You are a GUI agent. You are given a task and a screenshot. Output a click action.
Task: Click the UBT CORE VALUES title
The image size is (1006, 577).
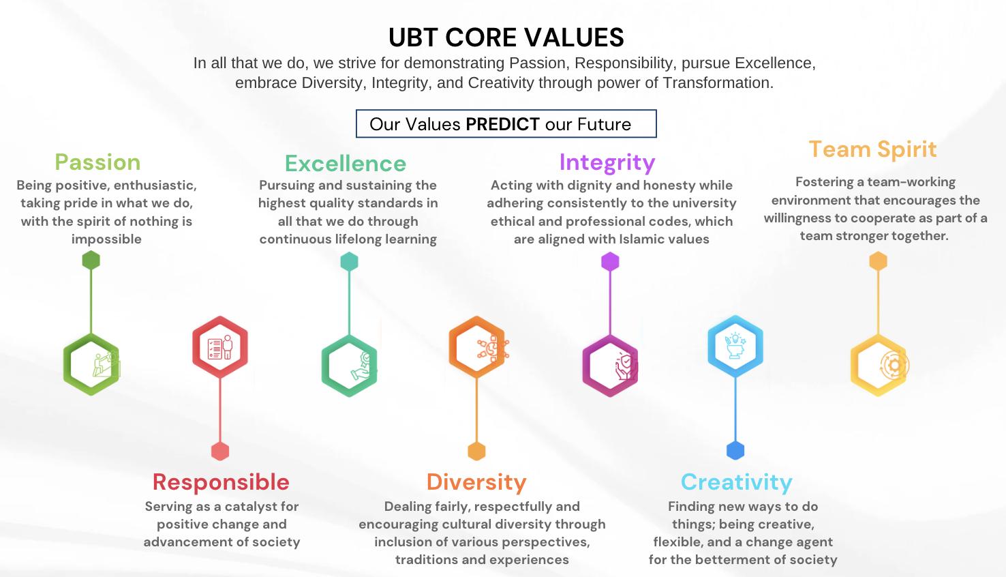[506, 38]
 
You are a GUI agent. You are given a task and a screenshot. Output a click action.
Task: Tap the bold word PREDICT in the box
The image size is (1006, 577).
[502, 124]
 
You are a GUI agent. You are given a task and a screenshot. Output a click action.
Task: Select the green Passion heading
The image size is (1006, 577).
[97, 162]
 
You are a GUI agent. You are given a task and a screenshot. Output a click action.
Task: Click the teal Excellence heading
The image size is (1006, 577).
[346, 163]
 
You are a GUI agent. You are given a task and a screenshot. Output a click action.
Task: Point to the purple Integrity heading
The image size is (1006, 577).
[607, 163]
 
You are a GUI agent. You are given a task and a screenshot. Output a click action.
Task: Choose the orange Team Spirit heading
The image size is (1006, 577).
[872, 149]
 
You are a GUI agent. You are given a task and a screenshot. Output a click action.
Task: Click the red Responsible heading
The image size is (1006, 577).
[221, 482]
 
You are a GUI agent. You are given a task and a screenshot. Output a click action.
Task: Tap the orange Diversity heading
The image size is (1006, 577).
[476, 483]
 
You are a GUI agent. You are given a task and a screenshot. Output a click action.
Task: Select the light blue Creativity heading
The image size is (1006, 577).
[737, 483]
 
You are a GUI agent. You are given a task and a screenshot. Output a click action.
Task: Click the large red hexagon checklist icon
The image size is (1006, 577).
[220, 347]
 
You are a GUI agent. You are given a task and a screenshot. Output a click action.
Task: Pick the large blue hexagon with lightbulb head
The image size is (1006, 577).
[735, 346]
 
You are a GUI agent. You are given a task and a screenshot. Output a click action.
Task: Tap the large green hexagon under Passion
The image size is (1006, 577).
[91, 364]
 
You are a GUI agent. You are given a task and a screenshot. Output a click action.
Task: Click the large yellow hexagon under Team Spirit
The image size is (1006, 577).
[879, 365]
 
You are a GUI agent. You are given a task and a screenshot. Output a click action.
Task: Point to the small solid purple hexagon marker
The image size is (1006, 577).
[610, 261]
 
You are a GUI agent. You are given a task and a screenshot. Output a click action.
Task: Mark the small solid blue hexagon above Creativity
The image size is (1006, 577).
[735, 450]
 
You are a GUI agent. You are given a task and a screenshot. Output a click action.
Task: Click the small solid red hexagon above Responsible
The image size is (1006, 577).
[220, 452]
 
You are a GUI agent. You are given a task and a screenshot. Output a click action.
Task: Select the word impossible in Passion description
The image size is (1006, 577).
[106, 239]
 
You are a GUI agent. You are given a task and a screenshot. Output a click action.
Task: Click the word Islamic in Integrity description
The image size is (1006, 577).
[640, 239]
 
